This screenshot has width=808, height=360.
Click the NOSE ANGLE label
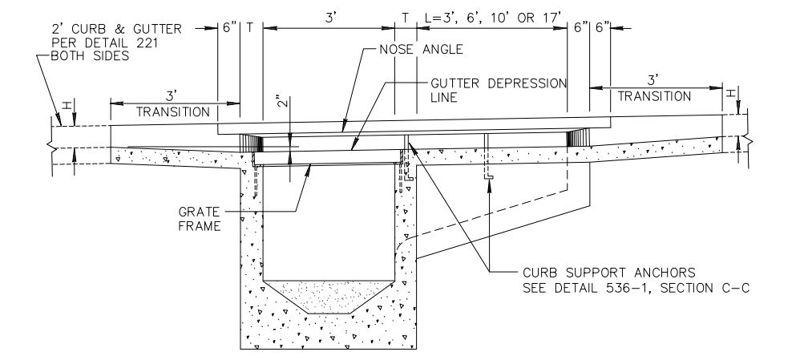[421, 50]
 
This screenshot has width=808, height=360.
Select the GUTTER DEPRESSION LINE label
[499, 91]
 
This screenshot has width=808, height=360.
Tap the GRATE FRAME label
[200, 219]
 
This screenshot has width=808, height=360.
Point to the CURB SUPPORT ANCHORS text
[609, 273]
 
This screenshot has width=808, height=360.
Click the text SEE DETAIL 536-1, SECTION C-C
[636, 289]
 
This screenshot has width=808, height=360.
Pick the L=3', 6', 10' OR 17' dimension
[493, 18]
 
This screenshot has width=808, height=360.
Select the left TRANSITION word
[173, 112]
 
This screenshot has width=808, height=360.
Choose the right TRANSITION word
[654, 96]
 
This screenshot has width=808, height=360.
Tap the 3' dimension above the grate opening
[331, 18]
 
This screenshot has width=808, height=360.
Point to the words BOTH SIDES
[90, 56]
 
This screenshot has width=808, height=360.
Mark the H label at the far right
[731, 94]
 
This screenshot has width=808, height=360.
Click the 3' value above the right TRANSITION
[654, 80]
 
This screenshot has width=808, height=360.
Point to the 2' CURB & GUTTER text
[116, 30]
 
